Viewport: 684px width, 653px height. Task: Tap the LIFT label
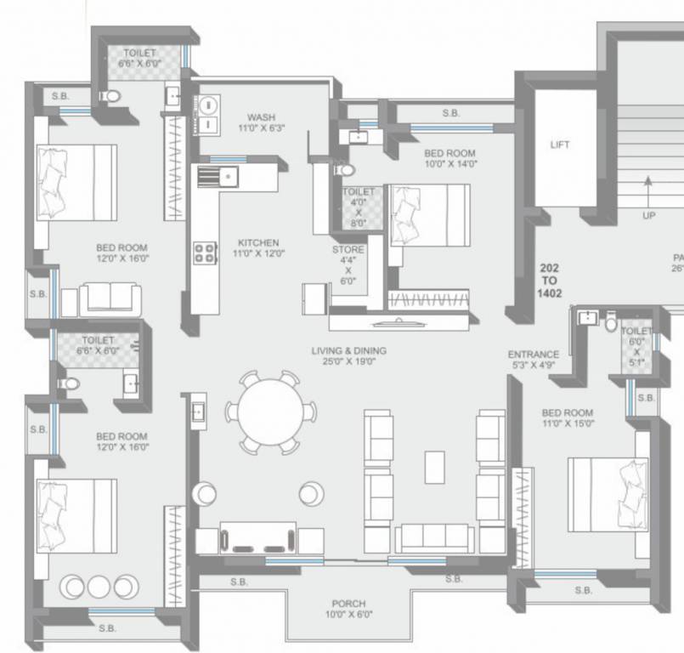559,145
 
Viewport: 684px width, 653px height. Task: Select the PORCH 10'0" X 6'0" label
348,609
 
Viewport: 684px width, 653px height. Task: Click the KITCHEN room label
258,247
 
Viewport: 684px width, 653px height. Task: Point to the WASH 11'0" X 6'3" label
262,122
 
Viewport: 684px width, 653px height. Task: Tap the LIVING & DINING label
348,355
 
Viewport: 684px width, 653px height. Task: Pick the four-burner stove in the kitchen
205,253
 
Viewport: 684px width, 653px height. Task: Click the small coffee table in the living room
434,466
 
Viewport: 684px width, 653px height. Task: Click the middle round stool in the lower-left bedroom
99,586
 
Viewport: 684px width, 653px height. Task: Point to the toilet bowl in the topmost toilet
110,96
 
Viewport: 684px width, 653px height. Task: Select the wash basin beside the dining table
197,412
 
